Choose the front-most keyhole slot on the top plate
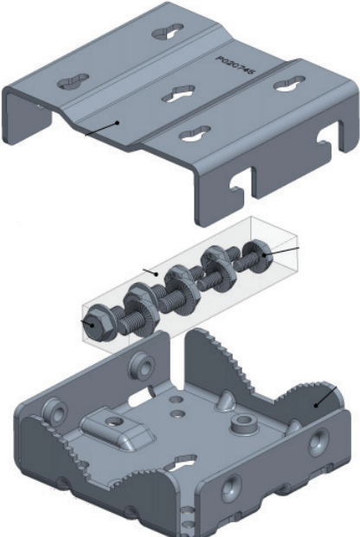click(196, 134)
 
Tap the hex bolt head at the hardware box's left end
click(91, 323)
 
